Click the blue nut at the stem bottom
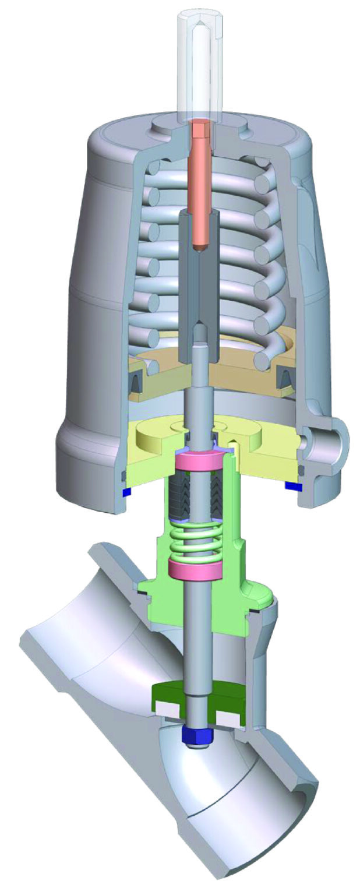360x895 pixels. coord(198,735)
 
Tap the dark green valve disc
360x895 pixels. coord(175,693)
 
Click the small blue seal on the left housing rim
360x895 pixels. coord(126,492)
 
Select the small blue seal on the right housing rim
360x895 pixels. coord(292,485)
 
